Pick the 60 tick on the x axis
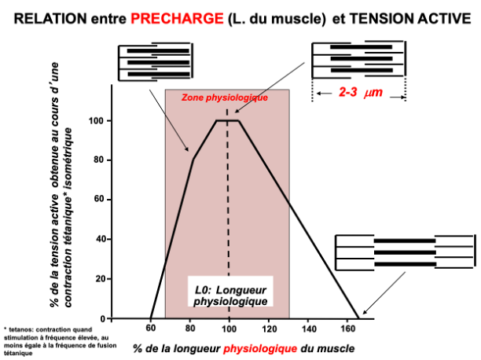(x=150, y=329)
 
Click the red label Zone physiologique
(x=226, y=98)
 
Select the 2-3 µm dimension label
(x=360, y=93)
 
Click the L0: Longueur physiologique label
(x=230, y=296)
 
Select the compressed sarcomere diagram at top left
(x=154, y=61)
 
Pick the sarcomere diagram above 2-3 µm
(x=358, y=59)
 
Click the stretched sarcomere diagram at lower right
(x=404, y=252)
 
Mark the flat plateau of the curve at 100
(x=228, y=120)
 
